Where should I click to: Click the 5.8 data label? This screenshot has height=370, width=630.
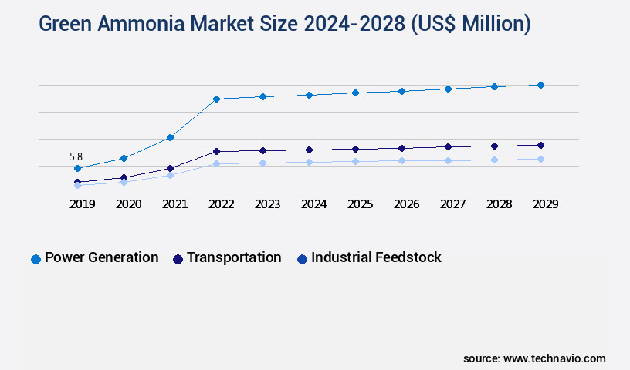(x=75, y=156)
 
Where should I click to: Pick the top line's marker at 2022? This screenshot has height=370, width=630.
(x=216, y=99)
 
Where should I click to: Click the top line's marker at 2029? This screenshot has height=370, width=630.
(x=540, y=85)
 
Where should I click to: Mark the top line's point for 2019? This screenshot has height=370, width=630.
(x=77, y=168)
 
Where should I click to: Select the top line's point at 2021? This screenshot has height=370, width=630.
(x=170, y=137)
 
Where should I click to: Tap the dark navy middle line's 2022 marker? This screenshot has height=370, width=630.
(x=216, y=151)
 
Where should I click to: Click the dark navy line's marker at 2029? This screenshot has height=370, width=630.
(x=540, y=145)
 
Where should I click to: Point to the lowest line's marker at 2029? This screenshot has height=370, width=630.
(x=540, y=159)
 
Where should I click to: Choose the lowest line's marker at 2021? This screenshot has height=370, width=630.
(x=170, y=175)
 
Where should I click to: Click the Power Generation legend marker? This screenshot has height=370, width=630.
(x=36, y=259)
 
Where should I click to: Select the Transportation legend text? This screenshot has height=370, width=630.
(x=234, y=257)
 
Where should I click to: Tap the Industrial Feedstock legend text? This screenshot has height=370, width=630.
(x=376, y=257)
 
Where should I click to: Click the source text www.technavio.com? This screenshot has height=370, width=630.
(x=554, y=358)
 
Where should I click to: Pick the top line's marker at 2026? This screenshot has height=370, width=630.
(x=401, y=91)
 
